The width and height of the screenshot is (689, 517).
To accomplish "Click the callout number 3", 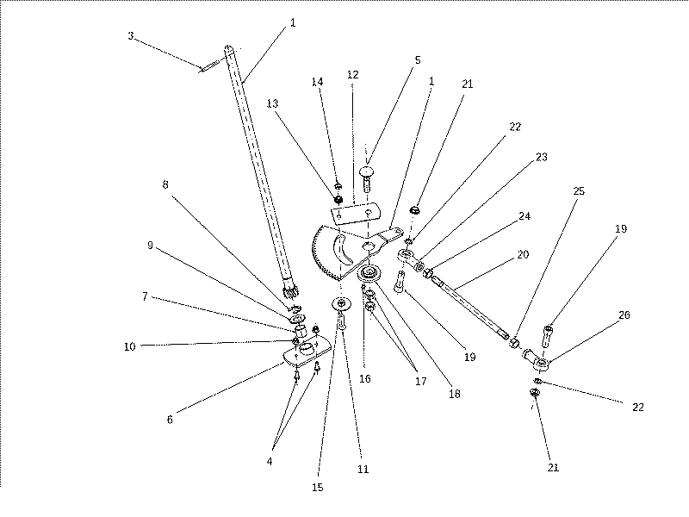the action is click(131, 36).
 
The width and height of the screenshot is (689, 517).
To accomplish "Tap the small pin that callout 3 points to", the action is click(209, 65).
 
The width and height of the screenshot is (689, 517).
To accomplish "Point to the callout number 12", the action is click(353, 75).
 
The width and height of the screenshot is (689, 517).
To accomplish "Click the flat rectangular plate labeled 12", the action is click(356, 213).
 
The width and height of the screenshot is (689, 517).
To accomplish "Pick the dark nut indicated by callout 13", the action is click(338, 200).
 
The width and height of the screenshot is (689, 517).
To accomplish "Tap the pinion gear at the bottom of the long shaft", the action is click(290, 291).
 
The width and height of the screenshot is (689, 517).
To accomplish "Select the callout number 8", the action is click(165, 184).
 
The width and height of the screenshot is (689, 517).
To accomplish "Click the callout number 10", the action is click(130, 346).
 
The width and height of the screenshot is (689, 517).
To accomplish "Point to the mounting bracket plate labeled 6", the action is click(307, 351).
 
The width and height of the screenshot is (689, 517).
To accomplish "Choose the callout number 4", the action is click(270, 461).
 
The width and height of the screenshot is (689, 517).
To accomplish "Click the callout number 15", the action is click(318, 488).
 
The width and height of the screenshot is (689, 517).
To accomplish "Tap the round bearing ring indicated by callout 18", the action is click(369, 274).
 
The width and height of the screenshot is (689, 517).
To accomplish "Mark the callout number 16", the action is click(365, 379).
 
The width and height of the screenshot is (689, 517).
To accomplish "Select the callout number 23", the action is click(542, 157).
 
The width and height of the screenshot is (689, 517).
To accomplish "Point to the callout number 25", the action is click(579, 191).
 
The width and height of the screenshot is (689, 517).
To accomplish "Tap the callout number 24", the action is click(525, 216).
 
